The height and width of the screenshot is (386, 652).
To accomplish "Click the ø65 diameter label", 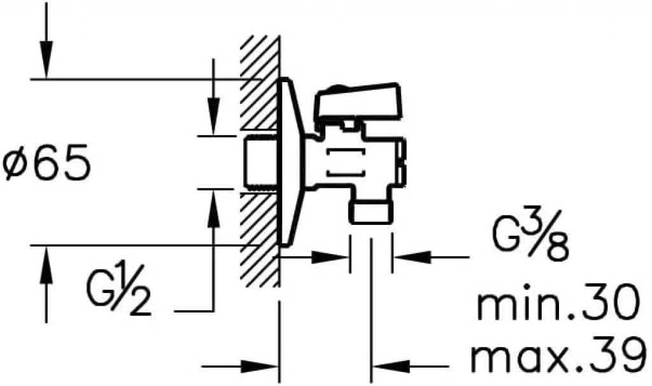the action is point(46,162).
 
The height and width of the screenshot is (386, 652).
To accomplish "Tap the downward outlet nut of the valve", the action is point(370,212).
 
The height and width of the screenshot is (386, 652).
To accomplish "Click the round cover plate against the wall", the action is point(291,162).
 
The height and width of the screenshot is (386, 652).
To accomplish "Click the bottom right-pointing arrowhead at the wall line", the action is point(260,366).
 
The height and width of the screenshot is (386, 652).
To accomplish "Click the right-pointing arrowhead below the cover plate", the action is point(330,258).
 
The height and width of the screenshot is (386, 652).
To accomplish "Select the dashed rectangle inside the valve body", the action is point(346,162).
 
